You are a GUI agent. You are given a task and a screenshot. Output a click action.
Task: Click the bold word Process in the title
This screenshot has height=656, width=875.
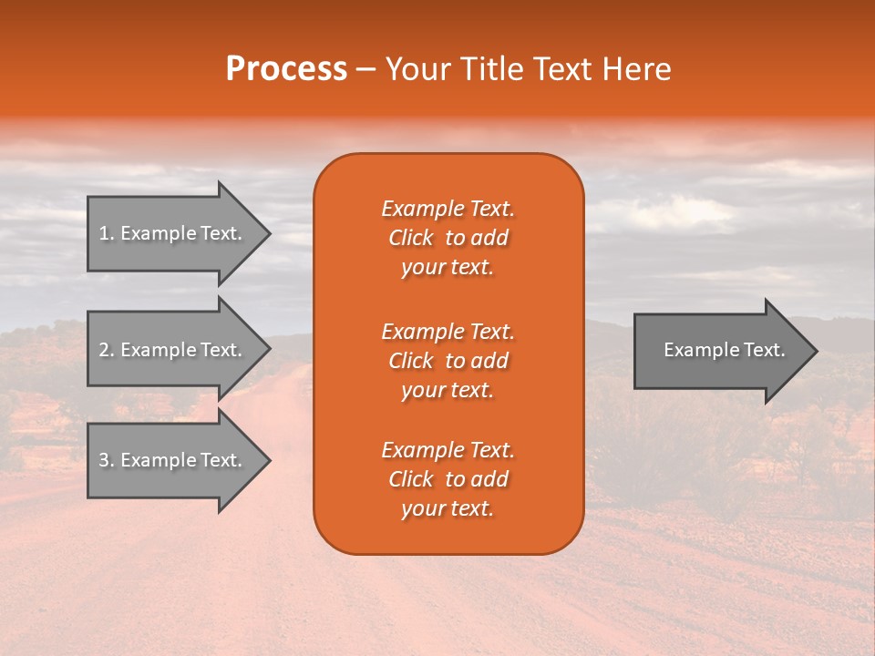(286, 69)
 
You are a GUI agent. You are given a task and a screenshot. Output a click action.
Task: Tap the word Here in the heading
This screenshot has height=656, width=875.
(637, 69)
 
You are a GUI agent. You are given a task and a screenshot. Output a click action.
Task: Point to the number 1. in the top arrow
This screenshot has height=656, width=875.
(107, 233)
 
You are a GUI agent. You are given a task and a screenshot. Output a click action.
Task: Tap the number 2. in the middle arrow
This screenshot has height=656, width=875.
(107, 350)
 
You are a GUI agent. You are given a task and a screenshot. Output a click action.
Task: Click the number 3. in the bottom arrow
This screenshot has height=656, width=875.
(107, 460)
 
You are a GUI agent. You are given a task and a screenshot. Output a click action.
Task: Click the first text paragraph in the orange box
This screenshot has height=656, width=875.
(448, 238)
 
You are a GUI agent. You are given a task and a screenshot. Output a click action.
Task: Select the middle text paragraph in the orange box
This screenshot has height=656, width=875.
(448, 361)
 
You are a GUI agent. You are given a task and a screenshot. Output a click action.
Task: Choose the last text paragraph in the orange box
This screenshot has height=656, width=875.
(448, 479)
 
